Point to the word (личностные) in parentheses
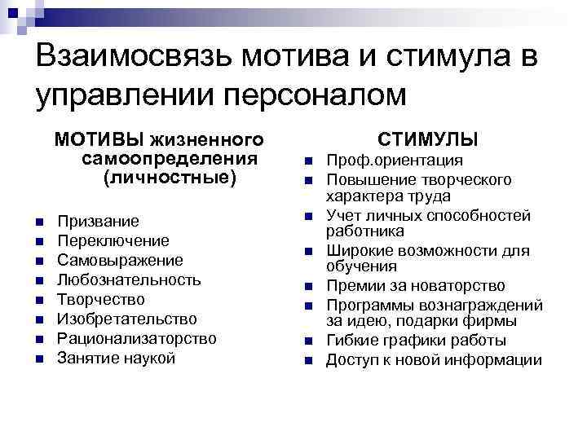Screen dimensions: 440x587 point(170,176)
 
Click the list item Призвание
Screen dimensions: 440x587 point(98,222)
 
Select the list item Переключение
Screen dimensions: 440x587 point(113,241)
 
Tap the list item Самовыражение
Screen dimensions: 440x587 point(120,261)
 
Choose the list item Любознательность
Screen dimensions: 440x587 point(129,280)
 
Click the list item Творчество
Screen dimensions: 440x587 point(101,300)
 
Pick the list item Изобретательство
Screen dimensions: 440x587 point(127,319)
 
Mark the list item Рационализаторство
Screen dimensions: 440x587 point(137,338)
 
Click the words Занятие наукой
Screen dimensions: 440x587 point(116,358)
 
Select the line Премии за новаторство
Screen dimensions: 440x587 point(416,286)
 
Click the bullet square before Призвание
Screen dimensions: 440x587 point(38,222)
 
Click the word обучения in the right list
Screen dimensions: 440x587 point(362,266)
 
